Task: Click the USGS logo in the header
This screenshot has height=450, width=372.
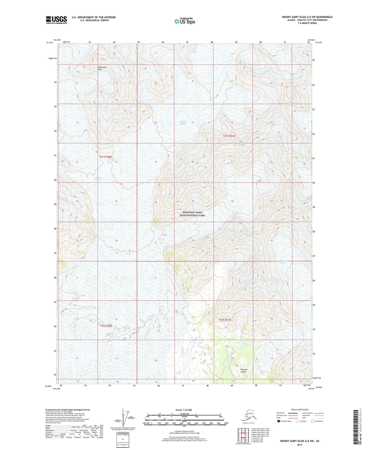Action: (56, 20)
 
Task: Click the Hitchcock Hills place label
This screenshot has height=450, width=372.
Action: (102, 68)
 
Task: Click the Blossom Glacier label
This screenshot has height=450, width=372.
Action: (283, 262)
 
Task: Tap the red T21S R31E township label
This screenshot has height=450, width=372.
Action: (229, 136)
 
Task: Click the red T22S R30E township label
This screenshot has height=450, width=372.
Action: (106, 326)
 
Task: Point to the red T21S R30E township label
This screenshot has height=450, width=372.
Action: (106, 157)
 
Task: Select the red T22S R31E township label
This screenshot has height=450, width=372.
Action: (225, 320)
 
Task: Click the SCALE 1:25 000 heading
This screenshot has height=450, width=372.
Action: (184, 410)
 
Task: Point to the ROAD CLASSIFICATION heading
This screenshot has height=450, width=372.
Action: (300, 410)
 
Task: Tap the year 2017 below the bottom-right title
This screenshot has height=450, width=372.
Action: (300, 445)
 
